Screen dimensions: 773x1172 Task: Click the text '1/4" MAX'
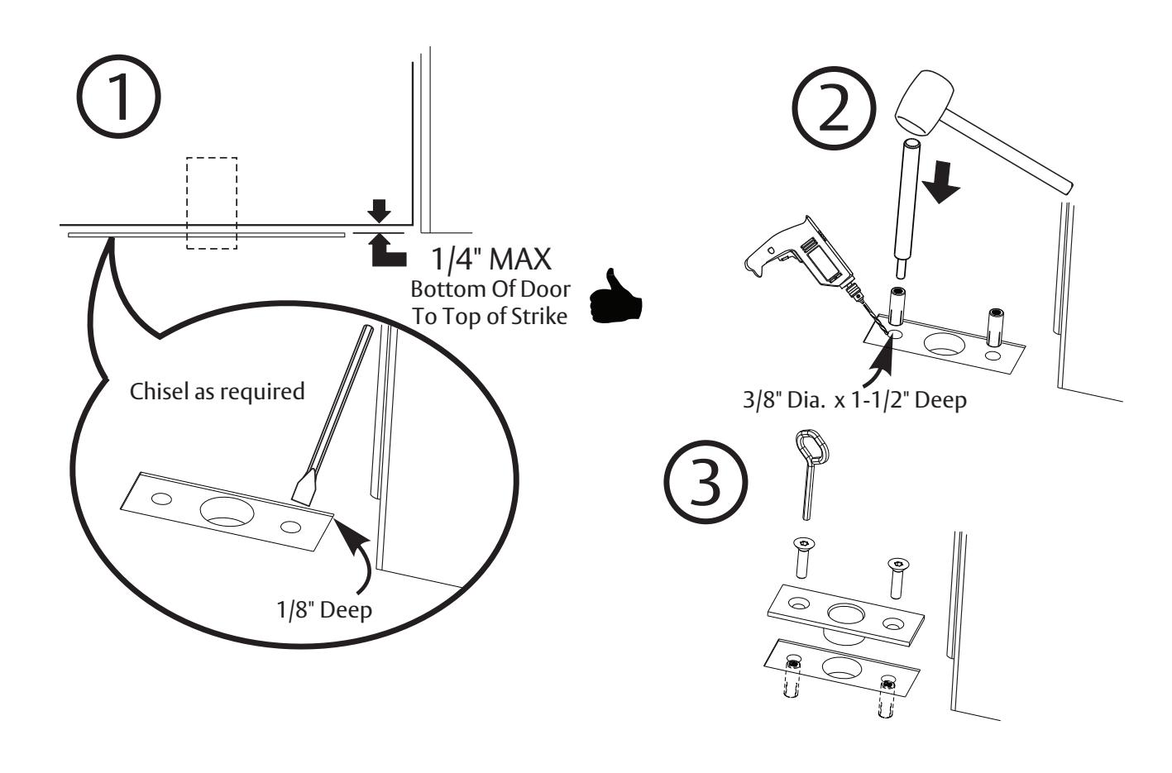point(490,259)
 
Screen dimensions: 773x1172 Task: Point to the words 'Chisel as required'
point(218,391)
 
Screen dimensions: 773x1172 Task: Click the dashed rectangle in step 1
point(212,203)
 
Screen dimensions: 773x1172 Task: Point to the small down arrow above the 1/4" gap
point(378,212)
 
